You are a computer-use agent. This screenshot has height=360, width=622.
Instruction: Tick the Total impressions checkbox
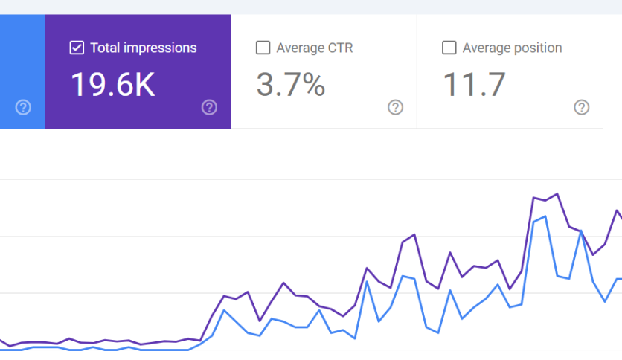(77, 48)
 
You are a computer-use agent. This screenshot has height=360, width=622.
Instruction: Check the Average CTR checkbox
(263, 48)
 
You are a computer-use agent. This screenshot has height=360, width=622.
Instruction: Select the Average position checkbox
(449, 48)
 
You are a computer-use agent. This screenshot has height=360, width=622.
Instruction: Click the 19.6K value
(113, 85)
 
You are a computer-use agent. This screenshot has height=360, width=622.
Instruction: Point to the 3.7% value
(291, 85)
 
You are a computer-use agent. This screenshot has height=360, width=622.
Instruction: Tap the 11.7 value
(474, 85)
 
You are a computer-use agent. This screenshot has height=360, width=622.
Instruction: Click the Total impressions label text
(144, 48)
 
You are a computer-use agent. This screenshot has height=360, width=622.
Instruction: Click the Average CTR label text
(315, 48)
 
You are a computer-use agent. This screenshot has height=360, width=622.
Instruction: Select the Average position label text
(512, 48)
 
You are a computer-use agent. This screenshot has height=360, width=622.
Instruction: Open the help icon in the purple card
(209, 107)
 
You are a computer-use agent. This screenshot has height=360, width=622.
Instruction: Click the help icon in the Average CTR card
(396, 107)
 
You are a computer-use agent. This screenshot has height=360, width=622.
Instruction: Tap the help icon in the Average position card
(582, 107)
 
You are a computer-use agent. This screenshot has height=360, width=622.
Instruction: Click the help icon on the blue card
(23, 107)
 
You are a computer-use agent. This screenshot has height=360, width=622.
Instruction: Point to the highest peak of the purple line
(557, 194)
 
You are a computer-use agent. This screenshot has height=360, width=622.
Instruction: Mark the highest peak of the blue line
(546, 216)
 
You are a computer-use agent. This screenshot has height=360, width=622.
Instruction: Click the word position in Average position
(538, 48)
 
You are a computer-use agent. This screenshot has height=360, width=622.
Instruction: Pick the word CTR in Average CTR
(340, 48)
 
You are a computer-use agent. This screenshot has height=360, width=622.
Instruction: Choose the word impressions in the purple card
(160, 48)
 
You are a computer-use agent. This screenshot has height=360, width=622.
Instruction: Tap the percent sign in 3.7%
(313, 85)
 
